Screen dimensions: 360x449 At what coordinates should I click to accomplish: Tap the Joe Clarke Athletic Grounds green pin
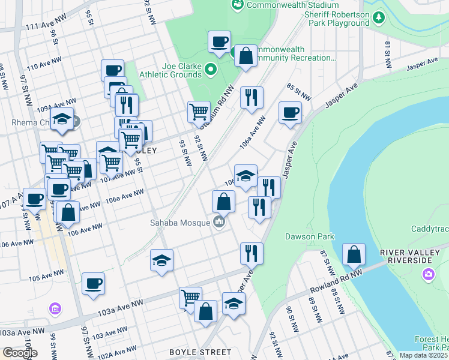point(211,70)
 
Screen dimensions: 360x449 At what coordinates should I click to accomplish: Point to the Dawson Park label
point(309,236)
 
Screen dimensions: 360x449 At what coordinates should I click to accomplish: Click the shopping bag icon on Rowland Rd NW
point(354,254)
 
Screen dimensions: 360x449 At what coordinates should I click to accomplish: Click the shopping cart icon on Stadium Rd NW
point(199,111)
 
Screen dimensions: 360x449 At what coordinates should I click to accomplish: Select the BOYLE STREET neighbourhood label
point(200,352)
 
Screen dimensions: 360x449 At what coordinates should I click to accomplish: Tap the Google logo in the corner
point(19,353)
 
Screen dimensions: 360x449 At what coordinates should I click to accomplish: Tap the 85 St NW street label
point(299,92)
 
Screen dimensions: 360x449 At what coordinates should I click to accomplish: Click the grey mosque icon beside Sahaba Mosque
point(219,223)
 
